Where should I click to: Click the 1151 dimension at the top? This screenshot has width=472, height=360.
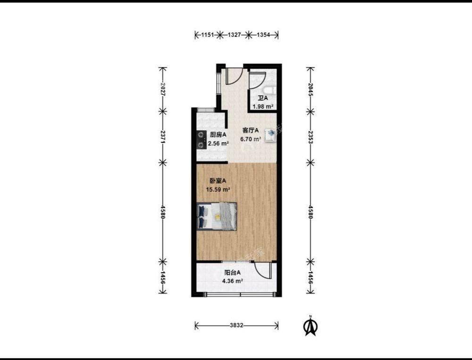[207, 35]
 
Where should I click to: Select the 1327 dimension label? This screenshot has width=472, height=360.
[234, 35]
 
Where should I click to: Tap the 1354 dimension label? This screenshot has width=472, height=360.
[263, 35]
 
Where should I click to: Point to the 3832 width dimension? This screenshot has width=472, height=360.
[236, 326]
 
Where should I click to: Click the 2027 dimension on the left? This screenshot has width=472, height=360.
[163, 89]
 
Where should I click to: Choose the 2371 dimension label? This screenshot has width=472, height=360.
[163, 137]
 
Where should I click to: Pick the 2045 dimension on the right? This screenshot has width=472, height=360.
[311, 89]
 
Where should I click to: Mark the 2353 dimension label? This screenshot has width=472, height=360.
[311, 137]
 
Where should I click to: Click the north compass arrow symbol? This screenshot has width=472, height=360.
[311, 326]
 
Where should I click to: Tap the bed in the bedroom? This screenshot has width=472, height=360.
[217, 216]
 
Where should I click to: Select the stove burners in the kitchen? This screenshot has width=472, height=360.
[201, 140]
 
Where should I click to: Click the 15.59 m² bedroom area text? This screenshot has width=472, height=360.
[218, 189]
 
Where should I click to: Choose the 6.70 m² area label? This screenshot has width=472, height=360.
[251, 139]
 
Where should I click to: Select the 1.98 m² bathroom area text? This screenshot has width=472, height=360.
[263, 106]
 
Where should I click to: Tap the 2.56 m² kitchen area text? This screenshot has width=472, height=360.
[219, 144]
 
